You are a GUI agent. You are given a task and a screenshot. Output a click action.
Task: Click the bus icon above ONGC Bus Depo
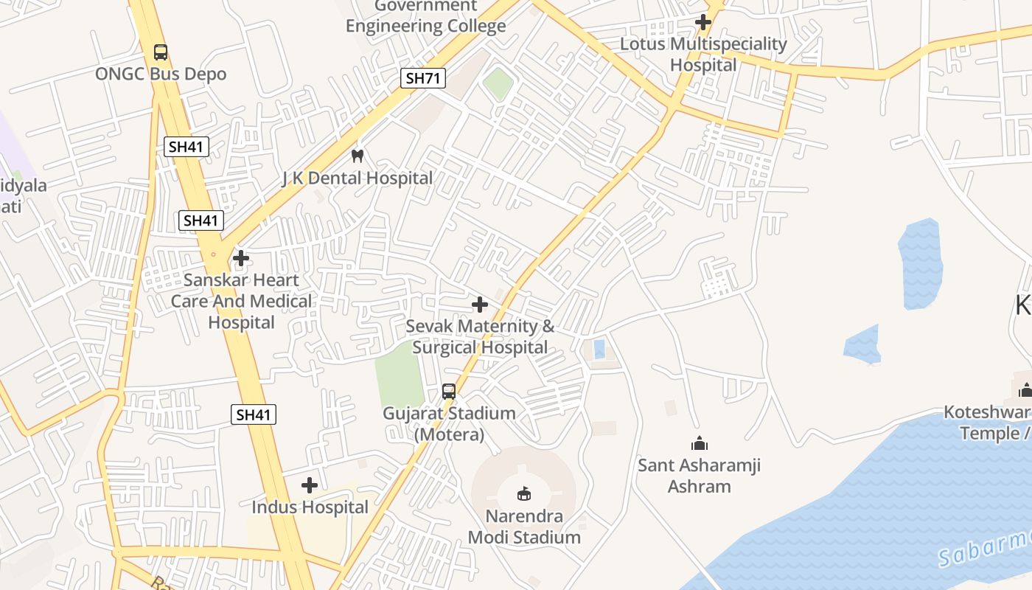(x=160, y=52)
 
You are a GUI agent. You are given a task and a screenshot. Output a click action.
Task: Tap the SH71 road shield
(x=423, y=78)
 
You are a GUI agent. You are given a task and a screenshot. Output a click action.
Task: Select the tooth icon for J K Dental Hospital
(x=358, y=156)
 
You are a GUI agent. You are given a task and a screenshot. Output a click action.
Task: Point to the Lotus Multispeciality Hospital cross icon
(x=703, y=22)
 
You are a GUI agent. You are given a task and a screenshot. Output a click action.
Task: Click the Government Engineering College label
(x=425, y=17)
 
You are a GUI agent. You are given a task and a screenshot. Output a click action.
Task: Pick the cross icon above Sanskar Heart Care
(x=241, y=259)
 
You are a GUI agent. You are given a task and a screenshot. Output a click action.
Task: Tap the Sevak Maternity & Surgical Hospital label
(x=480, y=336)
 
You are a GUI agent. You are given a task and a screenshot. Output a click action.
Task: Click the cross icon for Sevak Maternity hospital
(x=480, y=305)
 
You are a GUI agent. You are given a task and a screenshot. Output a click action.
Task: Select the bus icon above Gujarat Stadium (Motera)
(x=448, y=391)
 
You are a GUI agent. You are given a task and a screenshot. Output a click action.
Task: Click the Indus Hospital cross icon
(x=310, y=485)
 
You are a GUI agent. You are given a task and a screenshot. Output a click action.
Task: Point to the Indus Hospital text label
(x=310, y=507)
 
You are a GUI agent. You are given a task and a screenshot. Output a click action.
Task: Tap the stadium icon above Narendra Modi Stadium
(x=524, y=493)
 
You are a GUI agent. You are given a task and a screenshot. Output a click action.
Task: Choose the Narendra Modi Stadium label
(x=524, y=527)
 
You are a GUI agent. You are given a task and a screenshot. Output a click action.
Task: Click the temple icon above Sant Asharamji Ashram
(x=699, y=443)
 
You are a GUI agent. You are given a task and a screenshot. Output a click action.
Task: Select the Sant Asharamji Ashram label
(x=699, y=476)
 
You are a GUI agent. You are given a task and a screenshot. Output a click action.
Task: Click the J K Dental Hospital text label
(x=358, y=178)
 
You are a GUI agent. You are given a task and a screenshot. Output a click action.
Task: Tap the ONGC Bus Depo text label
(x=161, y=74)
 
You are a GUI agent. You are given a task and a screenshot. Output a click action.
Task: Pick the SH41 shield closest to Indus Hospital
(x=254, y=414)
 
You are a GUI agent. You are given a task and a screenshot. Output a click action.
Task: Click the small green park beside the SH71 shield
(x=498, y=83)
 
